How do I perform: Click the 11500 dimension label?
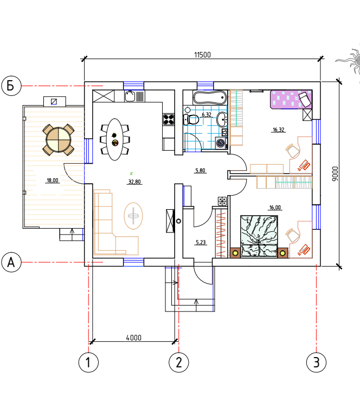(202, 55)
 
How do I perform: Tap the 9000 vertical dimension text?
(335, 173)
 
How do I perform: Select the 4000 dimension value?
(133, 338)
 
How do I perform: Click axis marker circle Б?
(11, 86)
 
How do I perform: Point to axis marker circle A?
(11, 262)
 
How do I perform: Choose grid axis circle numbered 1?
(88, 362)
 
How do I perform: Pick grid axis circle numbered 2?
(179, 362)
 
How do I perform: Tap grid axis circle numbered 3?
(317, 362)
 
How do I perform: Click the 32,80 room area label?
(134, 182)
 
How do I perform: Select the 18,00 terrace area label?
(53, 180)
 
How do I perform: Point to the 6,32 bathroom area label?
(207, 115)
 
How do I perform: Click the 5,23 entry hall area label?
(201, 242)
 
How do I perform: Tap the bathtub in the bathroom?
(209, 98)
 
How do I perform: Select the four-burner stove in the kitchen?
(169, 120)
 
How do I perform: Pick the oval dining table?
(115, 139)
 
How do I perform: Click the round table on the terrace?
(59, 140)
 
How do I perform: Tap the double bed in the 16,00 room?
(259, 236)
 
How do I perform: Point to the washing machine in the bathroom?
(221, 143)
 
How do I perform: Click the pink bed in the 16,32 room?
(291, 100)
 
